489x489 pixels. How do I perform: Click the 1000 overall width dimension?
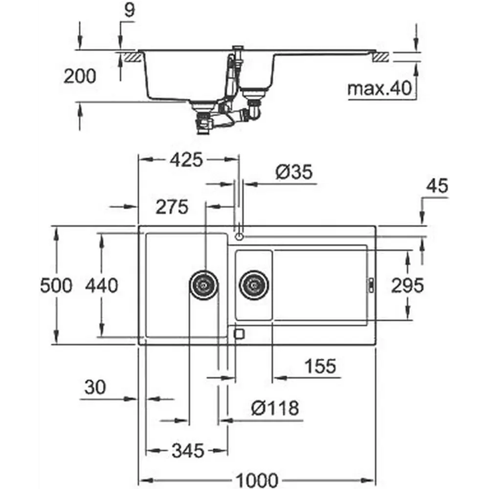(257, 479)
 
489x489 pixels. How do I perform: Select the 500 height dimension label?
(56, 285)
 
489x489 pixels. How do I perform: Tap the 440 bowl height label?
(102, 285)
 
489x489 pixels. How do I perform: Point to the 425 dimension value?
(186, 160)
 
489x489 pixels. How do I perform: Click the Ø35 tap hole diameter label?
(294, 172)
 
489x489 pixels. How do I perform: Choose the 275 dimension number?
(172, 206)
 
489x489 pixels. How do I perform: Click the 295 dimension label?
(407, 285)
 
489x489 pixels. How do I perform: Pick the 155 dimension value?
(320, 366)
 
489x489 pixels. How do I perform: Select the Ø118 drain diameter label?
(275, 408)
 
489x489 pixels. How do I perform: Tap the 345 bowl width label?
(188, 450)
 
